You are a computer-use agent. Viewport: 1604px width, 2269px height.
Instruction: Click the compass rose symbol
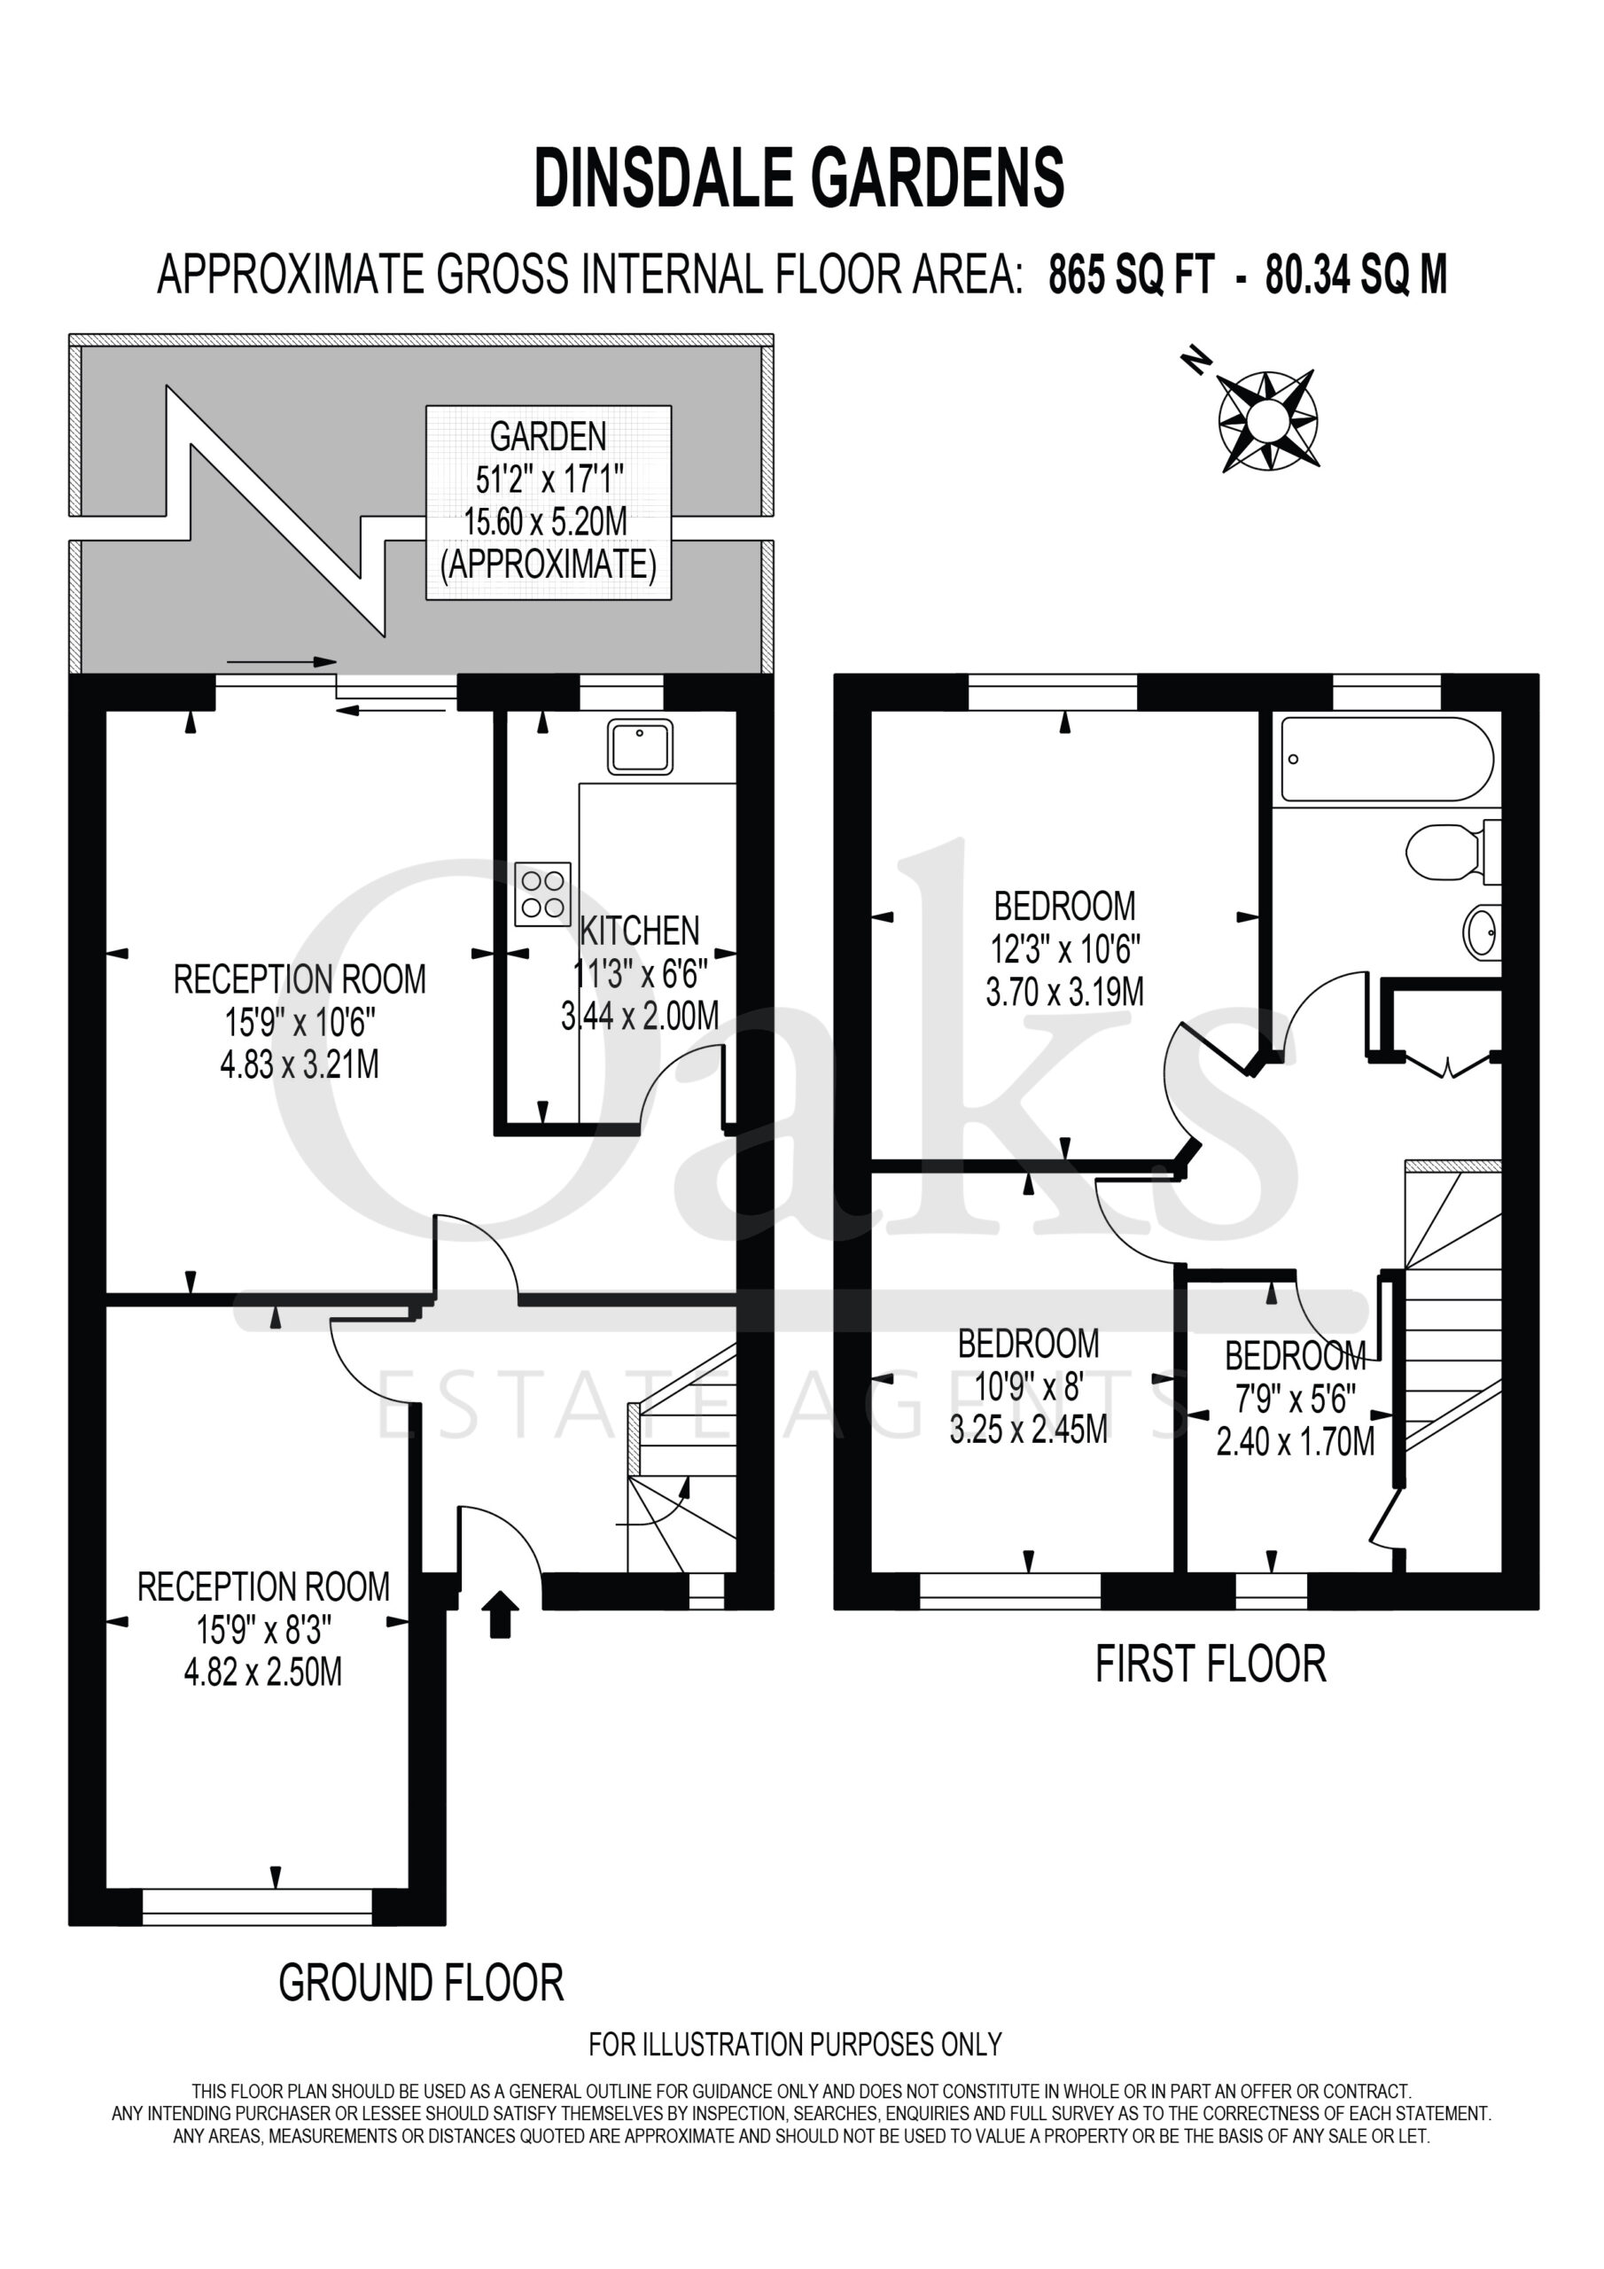pos(1267,420)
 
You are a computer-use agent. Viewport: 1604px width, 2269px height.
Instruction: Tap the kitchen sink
pos(641,747)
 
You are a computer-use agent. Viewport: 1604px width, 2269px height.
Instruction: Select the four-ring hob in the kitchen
pos(542,894)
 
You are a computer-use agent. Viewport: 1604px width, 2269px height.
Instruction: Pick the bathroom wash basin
pos(1482,932)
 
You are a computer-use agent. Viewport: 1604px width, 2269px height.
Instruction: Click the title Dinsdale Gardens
pos(798,178)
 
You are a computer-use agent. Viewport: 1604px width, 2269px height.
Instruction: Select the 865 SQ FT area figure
pos(1131,276)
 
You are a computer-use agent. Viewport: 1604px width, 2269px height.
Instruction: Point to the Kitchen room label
pos(640,930)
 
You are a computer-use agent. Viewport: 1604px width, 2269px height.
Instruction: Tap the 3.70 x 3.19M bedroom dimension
pos(1065,991)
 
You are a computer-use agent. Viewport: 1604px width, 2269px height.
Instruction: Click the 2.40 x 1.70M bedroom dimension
pos(1296,1443)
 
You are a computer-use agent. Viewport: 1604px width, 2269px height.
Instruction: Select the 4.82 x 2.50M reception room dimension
pos(263,1673)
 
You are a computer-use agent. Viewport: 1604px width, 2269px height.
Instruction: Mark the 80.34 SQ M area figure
pos(1357,276)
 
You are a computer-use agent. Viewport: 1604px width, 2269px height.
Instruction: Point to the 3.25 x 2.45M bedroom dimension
pos(1029,1429)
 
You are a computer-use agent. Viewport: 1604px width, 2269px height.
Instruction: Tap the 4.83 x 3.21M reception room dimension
pos(300,1065)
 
